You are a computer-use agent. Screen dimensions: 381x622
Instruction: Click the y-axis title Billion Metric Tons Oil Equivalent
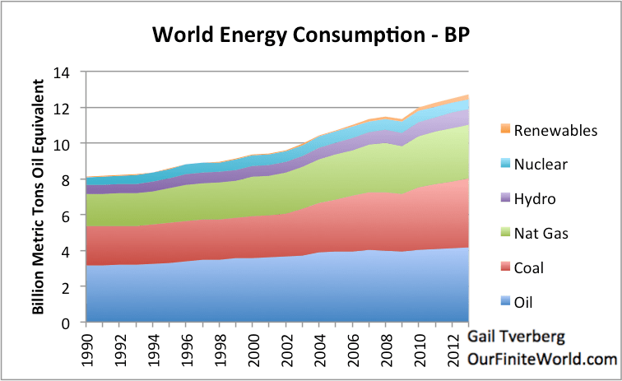38,197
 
